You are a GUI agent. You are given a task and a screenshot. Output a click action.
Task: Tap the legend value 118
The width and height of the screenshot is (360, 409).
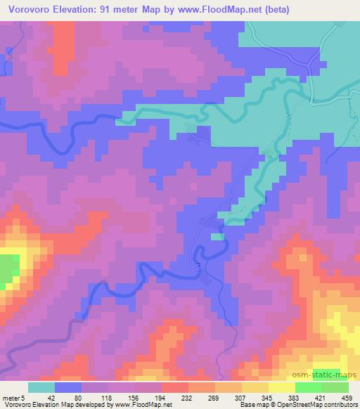point(95,398)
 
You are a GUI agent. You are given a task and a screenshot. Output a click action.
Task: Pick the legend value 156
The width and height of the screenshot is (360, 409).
point(122,398)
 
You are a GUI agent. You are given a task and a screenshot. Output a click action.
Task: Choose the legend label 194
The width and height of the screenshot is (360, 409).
point(149,398)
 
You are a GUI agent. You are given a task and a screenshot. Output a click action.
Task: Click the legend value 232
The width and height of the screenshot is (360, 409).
point(176,398)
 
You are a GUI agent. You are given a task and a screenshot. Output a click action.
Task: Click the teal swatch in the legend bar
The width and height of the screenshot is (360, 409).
point(41,387)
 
